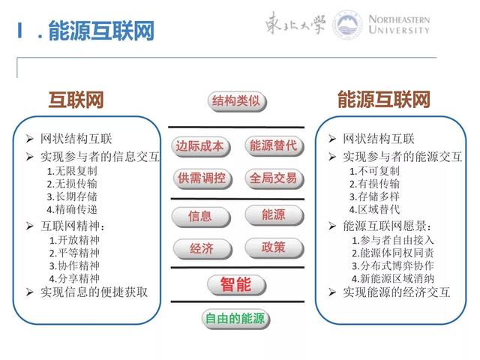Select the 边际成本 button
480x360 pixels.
[199, 146]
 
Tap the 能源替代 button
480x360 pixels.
[274, 146]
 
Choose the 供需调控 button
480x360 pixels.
[199, 179]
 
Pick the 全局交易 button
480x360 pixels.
[274, 179]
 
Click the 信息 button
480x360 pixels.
[199, 216]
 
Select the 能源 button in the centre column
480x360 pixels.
[274, 215]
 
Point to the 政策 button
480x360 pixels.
[274, 247]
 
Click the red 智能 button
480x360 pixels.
[236, 285]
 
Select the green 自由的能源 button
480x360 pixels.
[236, 319]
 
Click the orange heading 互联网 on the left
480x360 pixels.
[76, 100]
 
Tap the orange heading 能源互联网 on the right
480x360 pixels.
[383, 100]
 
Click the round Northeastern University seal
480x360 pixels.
[347, 25]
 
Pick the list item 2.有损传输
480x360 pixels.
[374, 184]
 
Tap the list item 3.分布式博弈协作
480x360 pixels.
[392, 265]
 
